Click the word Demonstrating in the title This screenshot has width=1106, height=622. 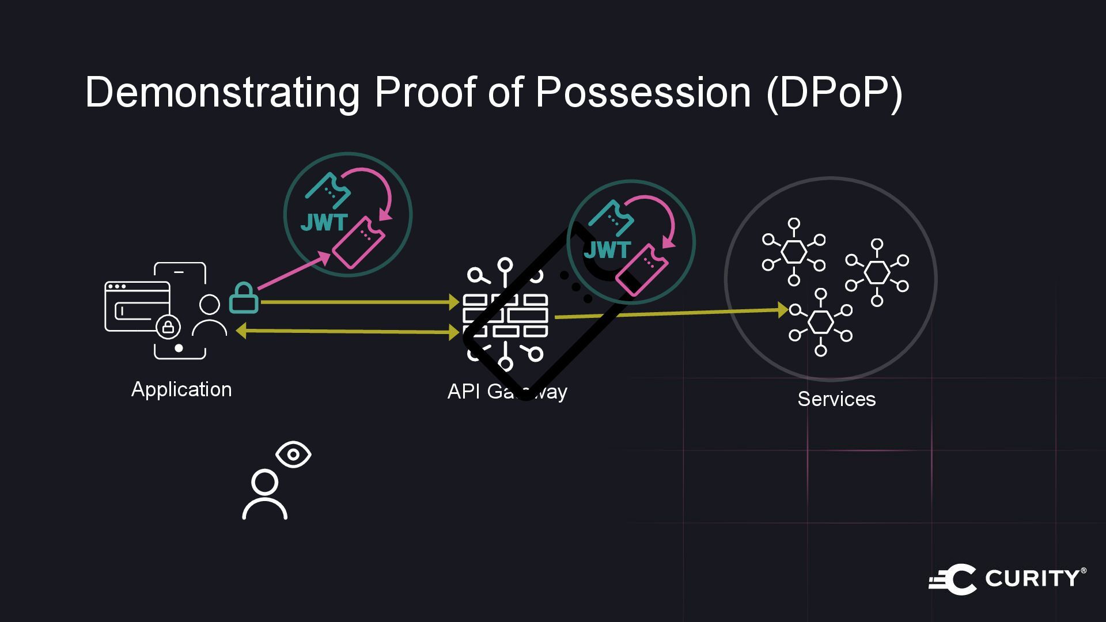222,92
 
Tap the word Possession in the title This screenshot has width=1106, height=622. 643,92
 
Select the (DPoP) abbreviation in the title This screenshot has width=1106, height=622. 834,92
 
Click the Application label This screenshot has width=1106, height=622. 181,389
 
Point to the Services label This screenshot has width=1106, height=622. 836,399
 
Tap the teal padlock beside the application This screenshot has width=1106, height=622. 244,298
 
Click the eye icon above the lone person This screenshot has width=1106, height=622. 293,454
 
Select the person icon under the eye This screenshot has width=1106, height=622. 265,495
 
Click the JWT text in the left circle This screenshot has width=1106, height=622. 324,223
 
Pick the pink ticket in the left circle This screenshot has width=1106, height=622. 358,242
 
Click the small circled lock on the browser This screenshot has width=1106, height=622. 168,327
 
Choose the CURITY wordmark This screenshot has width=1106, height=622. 1035,578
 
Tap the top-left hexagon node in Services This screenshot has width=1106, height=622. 794,252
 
